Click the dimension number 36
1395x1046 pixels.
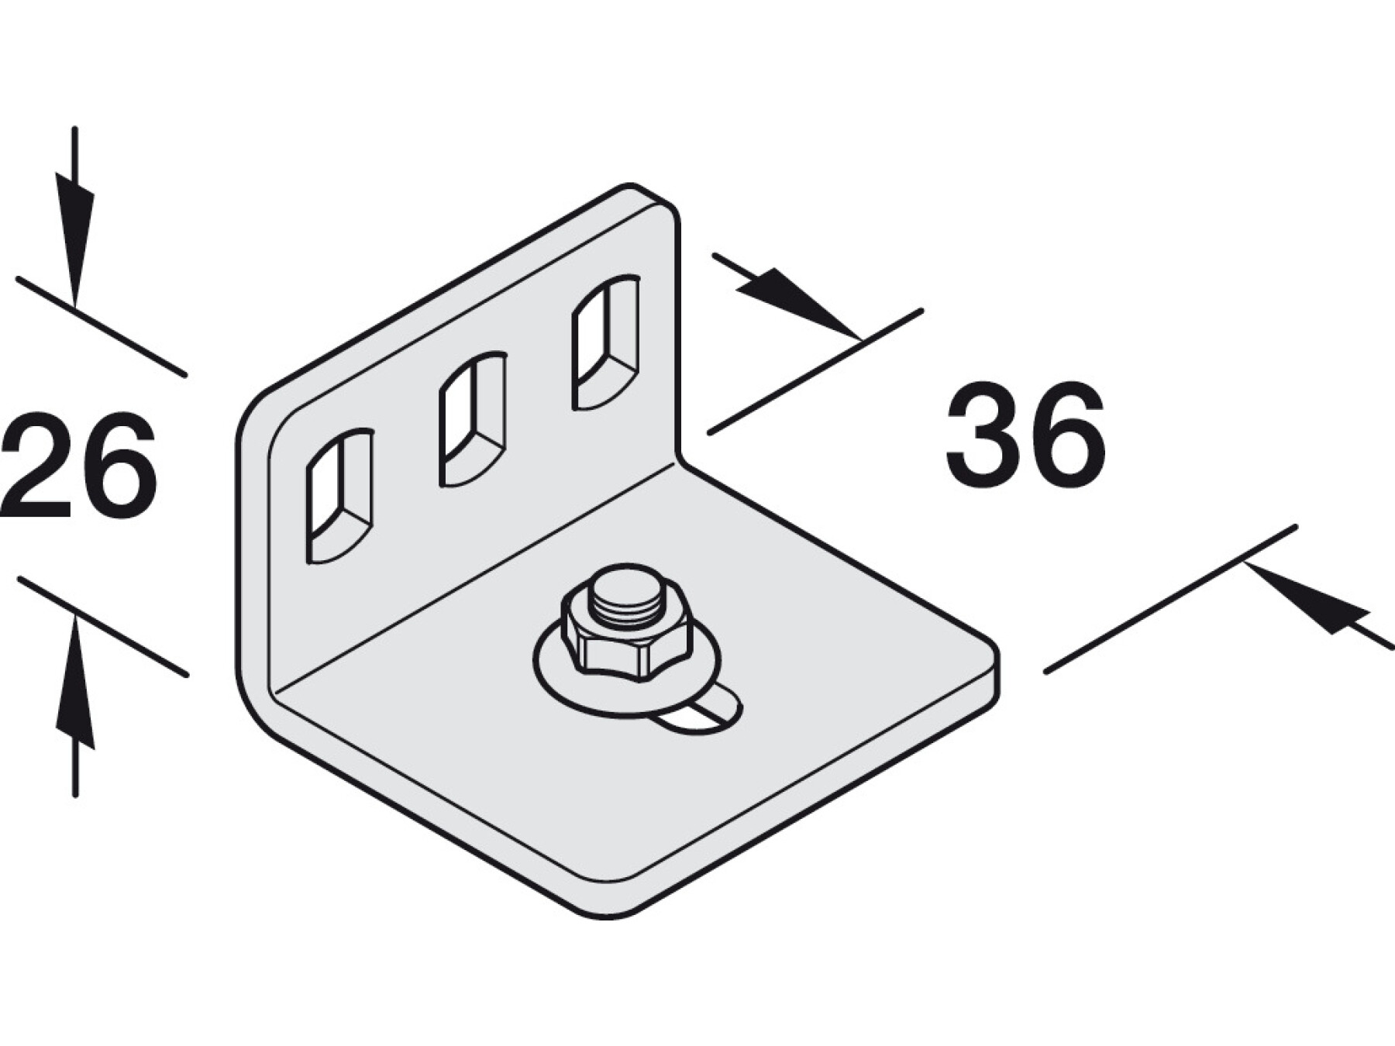[1025, 435]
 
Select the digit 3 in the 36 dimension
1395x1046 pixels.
[982, 435]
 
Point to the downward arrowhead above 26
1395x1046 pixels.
[74, 232]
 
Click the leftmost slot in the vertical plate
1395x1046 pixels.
[340, 496]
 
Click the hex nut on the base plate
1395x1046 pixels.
[626, 635]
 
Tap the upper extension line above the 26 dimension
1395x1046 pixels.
[101, 326]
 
